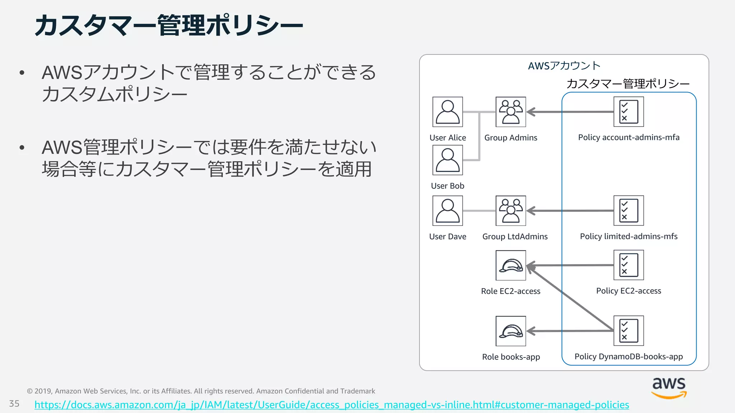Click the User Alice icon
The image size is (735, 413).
tap(448, 112)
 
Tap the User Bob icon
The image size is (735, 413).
tap(448, 160)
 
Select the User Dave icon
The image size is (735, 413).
tap(448, 210)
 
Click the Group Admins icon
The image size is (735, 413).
tap(511, 112)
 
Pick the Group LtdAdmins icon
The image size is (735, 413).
tap(511, 210)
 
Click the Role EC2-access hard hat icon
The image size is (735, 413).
tap(511, 265)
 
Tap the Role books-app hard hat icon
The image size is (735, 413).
tap(511, 331)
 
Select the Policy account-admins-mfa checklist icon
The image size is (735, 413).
tap(628, 112)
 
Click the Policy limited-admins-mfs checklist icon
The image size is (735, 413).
tap(628, 210)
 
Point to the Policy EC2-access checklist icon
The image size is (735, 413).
tap(628, 265)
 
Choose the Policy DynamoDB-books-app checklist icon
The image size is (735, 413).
tap(628, 331)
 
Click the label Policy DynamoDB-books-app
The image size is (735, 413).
tap(628, 356)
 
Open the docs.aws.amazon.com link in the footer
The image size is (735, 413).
tap(332, 405)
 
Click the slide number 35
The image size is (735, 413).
tap(14, 404)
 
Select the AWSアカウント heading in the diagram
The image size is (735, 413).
tap(564, 66)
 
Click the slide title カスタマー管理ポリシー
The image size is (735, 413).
tap(169, 26)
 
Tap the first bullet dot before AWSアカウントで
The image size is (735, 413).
tap(22, 73)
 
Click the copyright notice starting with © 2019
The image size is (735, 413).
tap(201, 391)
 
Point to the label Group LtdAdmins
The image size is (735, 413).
tap(515, 237)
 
